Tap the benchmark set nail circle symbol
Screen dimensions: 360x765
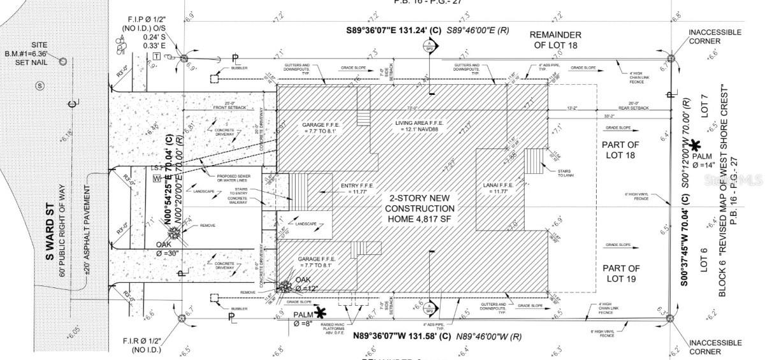click(63, 61)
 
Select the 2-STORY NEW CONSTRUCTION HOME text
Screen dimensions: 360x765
click(419, 209)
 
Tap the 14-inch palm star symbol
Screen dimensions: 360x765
click(696, 148)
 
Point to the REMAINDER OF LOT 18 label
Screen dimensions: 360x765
click(555, 40)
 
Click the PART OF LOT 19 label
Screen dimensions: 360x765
click(620, 274)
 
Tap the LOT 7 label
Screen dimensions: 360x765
click(704, 105)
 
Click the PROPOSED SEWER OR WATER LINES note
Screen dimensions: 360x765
click(236, 179)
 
